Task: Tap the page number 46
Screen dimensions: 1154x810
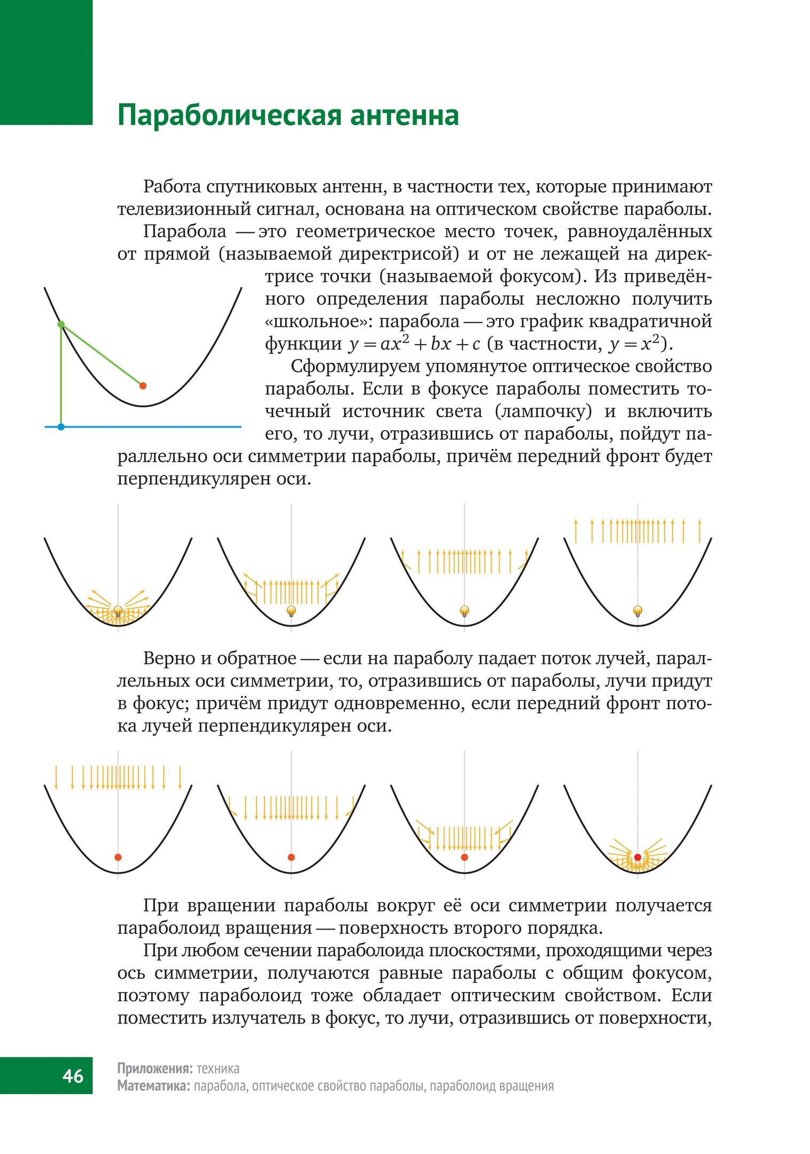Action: click(73, 1075)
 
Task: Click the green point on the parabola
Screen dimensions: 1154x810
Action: click(61, 324)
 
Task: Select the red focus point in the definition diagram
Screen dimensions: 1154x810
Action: click(143, 385)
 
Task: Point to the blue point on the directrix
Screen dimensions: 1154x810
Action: click(61, 427)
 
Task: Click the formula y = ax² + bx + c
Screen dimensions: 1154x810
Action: click(414, 344)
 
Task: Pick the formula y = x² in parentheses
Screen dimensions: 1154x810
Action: click(635, 344)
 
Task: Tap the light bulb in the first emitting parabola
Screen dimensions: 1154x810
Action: click(118, 611)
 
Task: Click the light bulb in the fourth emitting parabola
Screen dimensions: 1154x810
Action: click(637, 611)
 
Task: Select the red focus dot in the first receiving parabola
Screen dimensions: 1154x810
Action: click(118, 857)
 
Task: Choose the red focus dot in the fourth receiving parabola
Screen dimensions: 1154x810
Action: click(637, 857)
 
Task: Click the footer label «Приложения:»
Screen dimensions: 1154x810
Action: click(154, 1069)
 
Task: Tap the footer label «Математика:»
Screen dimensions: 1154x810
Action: click(153, 1086)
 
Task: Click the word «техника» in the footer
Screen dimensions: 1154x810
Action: click(218, 1069)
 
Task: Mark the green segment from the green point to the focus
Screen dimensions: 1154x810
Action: click(102, 355)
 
